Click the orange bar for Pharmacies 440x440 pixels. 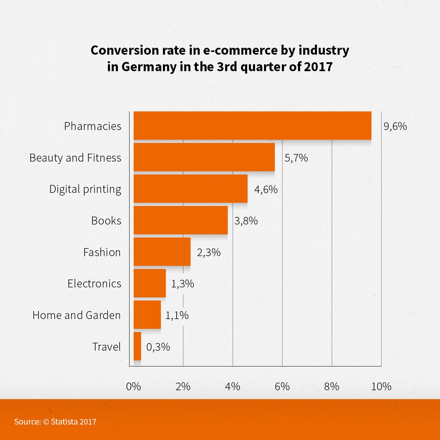[252, 125]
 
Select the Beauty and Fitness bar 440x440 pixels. [204, 157]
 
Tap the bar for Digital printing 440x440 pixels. [190, 189]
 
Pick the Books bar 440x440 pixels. [180, 220]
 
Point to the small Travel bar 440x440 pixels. [137, 346]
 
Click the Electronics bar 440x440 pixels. [150, 283]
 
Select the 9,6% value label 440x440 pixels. [395, 126]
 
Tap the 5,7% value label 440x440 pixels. [296, 158]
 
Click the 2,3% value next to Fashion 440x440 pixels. [209, 252]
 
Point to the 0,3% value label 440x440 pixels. [158, 347]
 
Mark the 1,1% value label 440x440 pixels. [177, 315]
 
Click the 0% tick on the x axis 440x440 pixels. [133, 386]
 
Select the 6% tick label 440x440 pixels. [282, 386]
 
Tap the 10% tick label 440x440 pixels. [381, 386]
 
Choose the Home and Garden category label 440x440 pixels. [76, 315]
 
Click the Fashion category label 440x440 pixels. [102, 252]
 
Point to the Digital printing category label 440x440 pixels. [85, 189]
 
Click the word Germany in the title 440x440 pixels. [149, 67]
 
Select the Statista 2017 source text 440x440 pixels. [74, 421]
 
